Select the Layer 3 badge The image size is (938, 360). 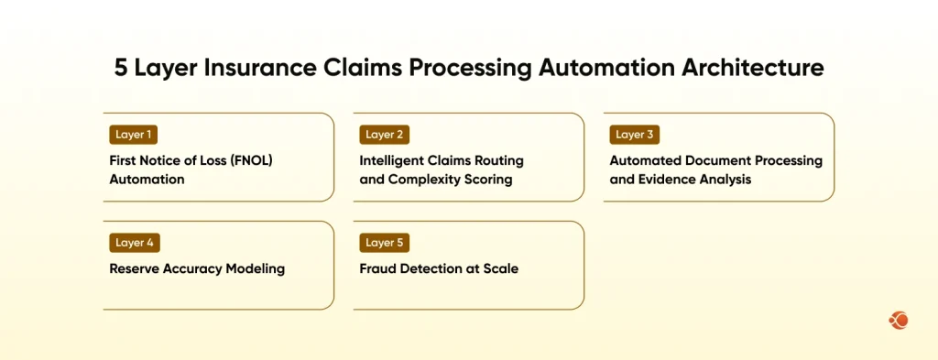coord(634,135)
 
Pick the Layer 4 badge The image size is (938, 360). coord(135,243)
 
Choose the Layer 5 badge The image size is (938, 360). coord(385,243)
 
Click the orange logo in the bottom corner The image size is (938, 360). coord(898,321)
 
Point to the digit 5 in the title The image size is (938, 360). coord(121,68)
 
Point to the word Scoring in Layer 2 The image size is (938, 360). coord(485,180)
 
